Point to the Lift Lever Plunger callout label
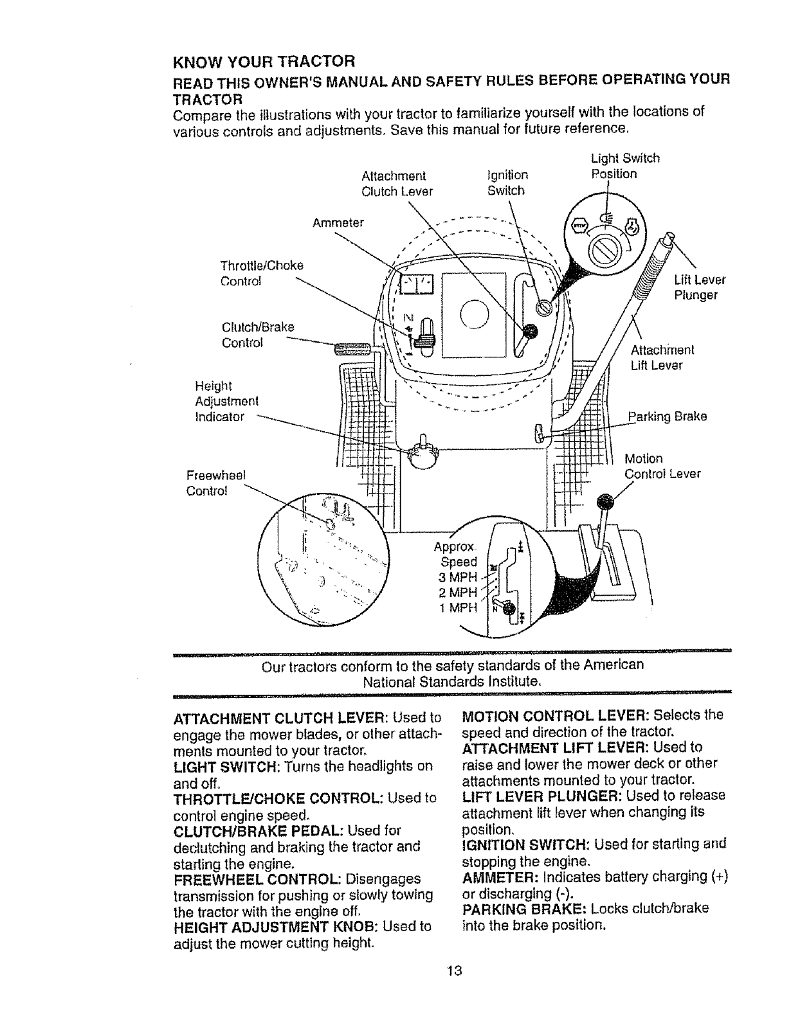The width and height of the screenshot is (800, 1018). (700, 287)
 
